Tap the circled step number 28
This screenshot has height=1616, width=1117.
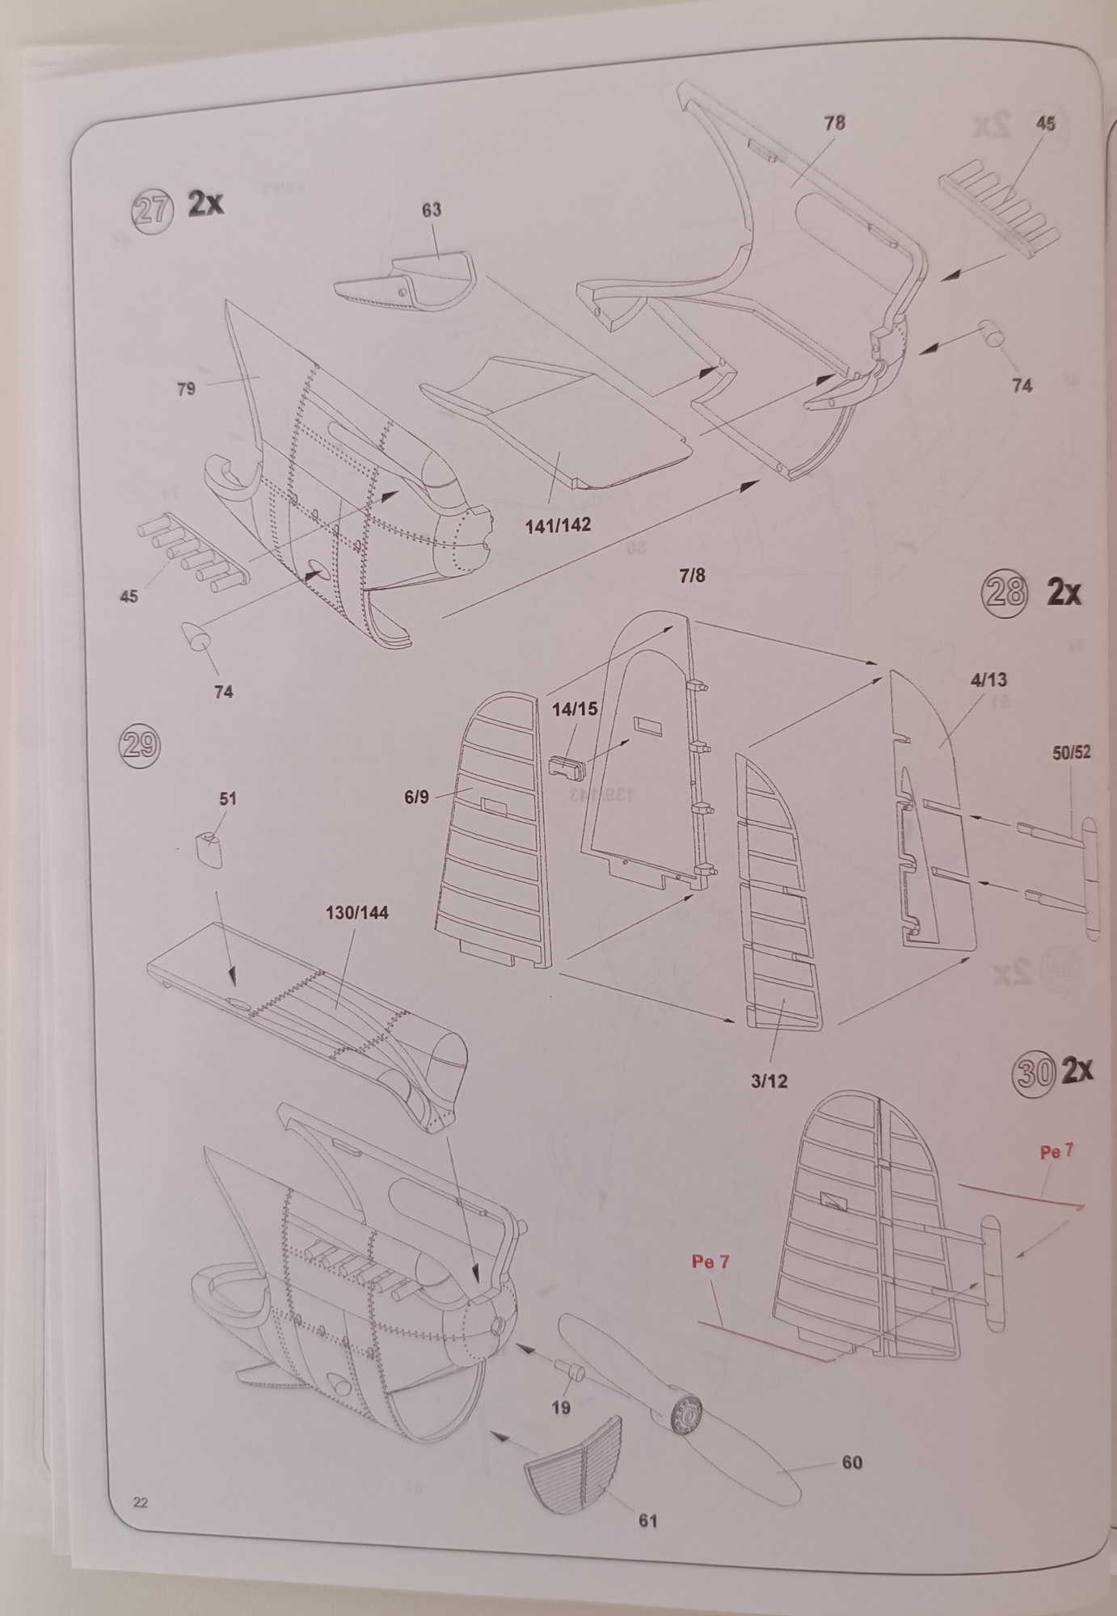point(1003,594)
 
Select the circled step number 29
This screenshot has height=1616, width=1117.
point(139,744)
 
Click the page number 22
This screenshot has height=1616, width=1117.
point(140,1502)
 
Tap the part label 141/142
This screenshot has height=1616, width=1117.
point(558,524)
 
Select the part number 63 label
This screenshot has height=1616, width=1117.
point(432,210)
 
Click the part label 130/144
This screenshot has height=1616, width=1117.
point(357,912)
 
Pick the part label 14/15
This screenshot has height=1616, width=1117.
point(575,709)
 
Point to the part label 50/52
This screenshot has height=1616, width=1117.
point(1071,752)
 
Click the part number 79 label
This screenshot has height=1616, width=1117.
point(186,389)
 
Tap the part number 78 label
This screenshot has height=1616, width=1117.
point(835,123)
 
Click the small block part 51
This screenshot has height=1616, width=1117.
point(209,849)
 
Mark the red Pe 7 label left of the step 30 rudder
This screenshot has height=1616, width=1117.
point(710,1260)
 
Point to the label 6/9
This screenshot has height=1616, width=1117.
point(416,797)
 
